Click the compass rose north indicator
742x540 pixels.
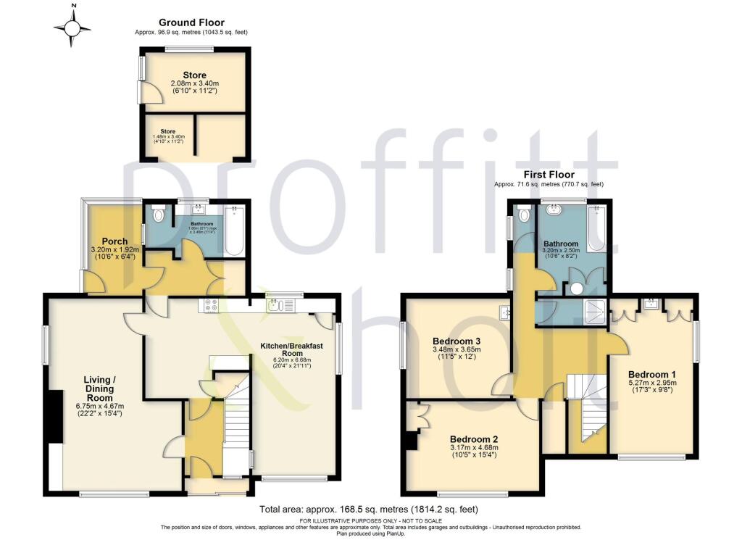72,28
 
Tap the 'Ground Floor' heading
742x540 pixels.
191,23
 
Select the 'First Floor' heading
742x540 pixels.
549,175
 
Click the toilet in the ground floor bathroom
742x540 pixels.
159,215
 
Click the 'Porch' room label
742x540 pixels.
114,241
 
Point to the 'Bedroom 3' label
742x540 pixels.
457,341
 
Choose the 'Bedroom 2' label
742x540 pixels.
474,439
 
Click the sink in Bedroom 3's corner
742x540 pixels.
505,312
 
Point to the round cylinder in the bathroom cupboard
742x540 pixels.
577,288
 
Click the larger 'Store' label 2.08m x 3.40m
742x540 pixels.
194,75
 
